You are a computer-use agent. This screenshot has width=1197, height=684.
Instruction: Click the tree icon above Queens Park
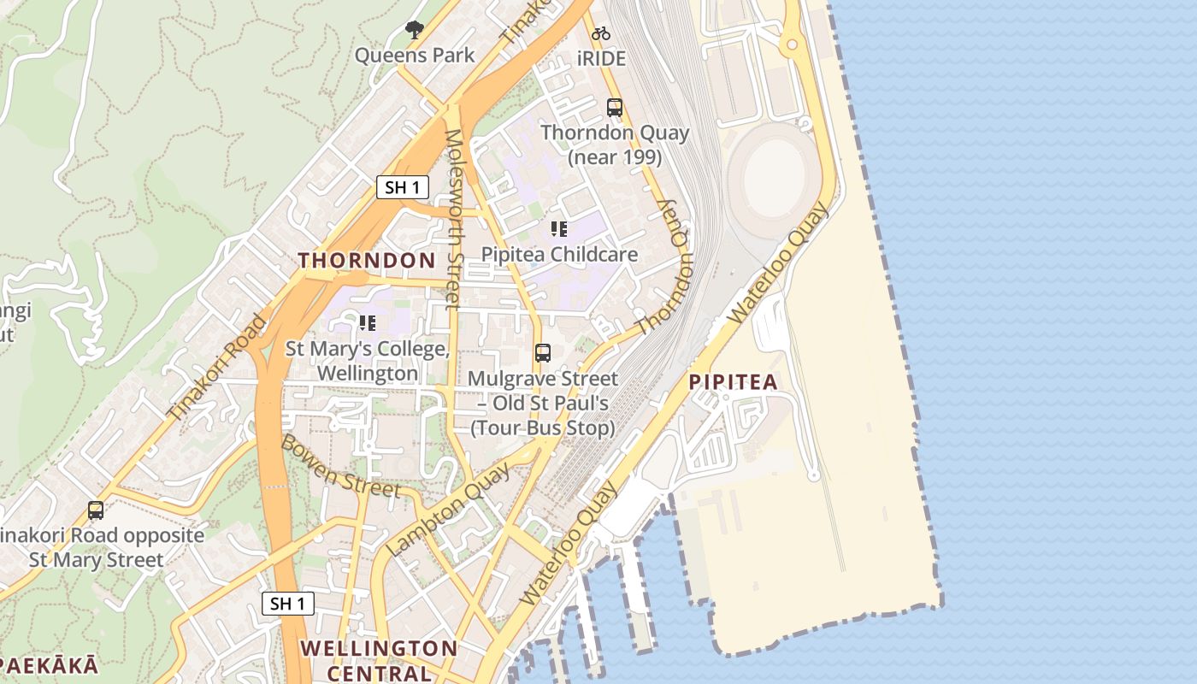pyautogui.click(x=415, y=31)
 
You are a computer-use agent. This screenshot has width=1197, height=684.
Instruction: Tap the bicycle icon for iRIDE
pyautogui.click(x=601, y=34)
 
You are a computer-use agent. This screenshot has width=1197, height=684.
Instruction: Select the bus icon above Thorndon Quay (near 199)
pyautogui.click(x=615, y=108)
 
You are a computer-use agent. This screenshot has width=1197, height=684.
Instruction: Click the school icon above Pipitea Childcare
pyautogui.click(x=559, y=229)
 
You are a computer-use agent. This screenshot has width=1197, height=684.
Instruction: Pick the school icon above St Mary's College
pyautogui.click(x=368, y=323)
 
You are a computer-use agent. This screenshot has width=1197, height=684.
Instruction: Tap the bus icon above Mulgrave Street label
pyautogui.click(x=542, y=352)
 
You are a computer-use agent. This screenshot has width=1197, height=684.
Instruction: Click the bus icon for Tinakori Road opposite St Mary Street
pyautogui.click(x=96, y=510)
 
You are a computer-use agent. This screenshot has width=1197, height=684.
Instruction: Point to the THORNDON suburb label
pyautogui.click(x=367, y=260)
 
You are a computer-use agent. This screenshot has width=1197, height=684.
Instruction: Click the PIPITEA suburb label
pyautogui.click(x=734, y=382)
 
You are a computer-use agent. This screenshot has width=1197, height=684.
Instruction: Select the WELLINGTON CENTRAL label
pyautogui.click(x=379, y=660)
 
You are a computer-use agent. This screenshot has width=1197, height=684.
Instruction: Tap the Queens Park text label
pyautogui.click(x=415, y=56)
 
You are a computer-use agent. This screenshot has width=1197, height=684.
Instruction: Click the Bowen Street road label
pyautogui.click(x=339, y=466)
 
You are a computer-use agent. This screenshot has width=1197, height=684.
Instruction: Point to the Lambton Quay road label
pyautogui.click(x=449, y=509)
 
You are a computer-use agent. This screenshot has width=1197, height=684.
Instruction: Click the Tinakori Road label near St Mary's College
pyautogui.click(x=217, y=369)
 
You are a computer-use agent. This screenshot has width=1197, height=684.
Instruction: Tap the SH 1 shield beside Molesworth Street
pyautogui.click(x=402, y=187)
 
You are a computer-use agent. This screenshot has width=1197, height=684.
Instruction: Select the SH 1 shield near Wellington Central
pyautogui.click(x=288, y=604)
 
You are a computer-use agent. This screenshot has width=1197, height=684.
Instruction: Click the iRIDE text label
pyautogui.click(x=601, y=59)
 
